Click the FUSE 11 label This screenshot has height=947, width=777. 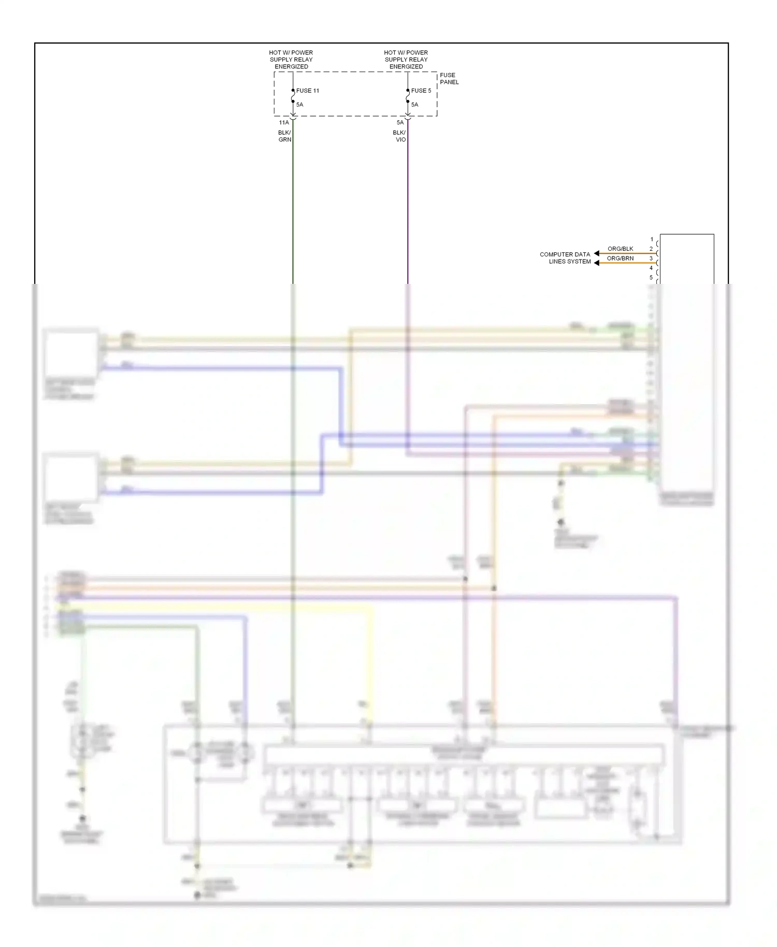pyautogui.click(x=308, y=91)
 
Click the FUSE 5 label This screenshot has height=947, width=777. pyautogui.click(x=421, y=91)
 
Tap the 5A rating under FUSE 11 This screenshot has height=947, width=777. pyautogui.click(x=300, y=105)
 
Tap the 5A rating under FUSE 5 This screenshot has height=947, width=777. pyautogui.click(x=415, y=105)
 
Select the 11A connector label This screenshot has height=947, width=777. pyautogui.click(x=284, y=123)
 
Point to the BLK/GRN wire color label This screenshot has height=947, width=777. pyautogui.click(x=285, y=136)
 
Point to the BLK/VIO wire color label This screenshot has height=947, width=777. pyautogui.click(x=399, y=136)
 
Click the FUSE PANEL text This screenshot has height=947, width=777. pyautogui.click(x=449, y=79)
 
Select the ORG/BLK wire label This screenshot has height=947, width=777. pyautogui.click(x=620, y=249)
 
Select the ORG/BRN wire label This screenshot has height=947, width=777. pyautogui.click(x=620, y=258)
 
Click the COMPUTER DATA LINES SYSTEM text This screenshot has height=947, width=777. pyautogui.click(x=565, y=258)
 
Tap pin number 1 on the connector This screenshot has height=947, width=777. pyautogui.click(x=652, y=239)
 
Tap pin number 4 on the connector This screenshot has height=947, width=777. pyautogui.click(x=651, y=268)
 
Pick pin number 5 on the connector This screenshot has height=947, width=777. pyautogui.click(x=651, y=277)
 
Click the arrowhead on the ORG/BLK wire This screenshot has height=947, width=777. pyautogui.click(x=597, y=253)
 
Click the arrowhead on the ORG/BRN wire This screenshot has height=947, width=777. pyautogui.click(x=597, y=263)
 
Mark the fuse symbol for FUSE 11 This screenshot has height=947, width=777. pyautogui.click(x=293, y=96)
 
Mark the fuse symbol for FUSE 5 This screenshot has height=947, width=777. pyautogui.click(x=408, y=96)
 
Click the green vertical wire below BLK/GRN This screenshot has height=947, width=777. pyautogui.click(x=293, y=207)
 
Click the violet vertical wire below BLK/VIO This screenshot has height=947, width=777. pyautogui.click(x=408, y=207)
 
